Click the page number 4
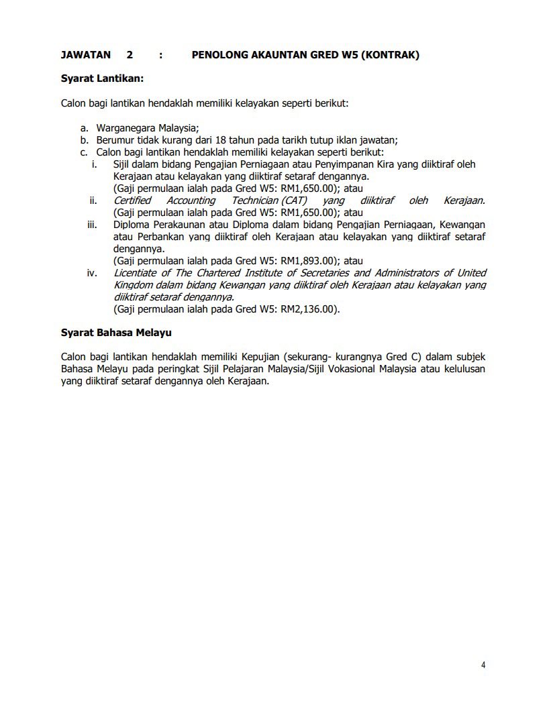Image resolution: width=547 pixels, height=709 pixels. (483, 665)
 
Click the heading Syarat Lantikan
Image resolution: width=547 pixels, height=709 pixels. (102, 79)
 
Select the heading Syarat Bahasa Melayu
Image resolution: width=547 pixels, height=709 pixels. (117, 332)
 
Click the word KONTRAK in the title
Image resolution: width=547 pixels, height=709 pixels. (390, 55)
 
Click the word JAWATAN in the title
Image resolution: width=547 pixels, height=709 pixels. (85, 55)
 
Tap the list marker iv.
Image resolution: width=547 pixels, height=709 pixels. (92, 273)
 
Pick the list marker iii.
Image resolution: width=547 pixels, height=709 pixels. (92, 224)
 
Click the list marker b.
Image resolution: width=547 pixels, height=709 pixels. (84, 140)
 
